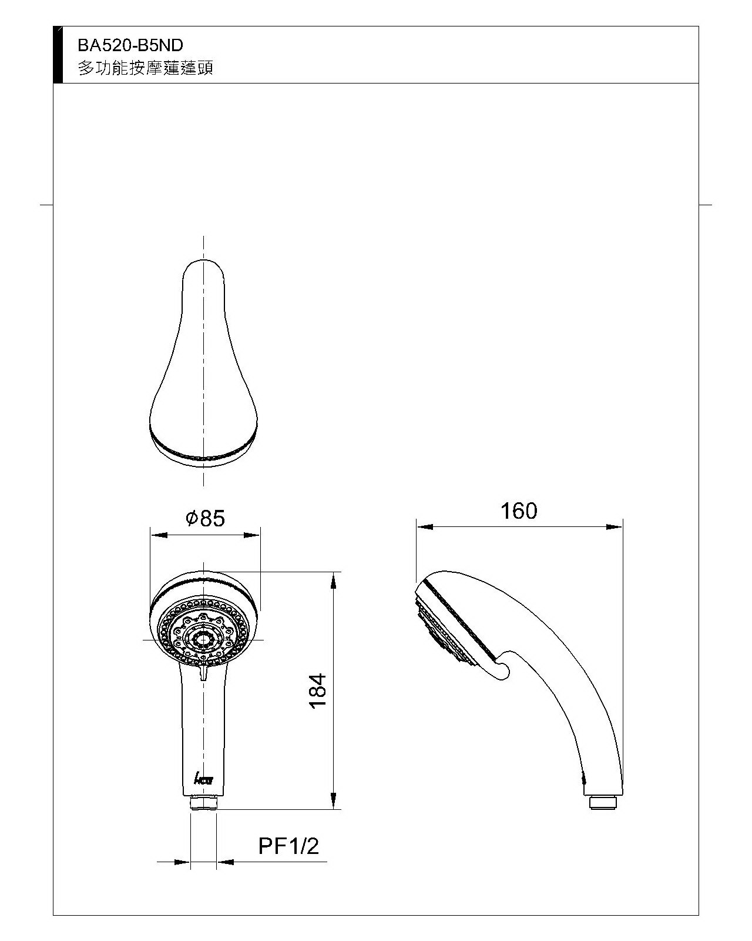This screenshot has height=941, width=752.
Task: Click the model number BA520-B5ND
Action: point(130,45)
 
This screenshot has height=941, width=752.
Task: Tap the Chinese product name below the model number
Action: point(146,68)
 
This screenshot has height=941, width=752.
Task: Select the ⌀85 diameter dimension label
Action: point(205,518)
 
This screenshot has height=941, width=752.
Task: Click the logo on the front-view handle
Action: point(204,778)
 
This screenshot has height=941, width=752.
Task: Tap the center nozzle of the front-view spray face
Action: point(204,640)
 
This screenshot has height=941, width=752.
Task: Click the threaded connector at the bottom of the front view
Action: point(204,802)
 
